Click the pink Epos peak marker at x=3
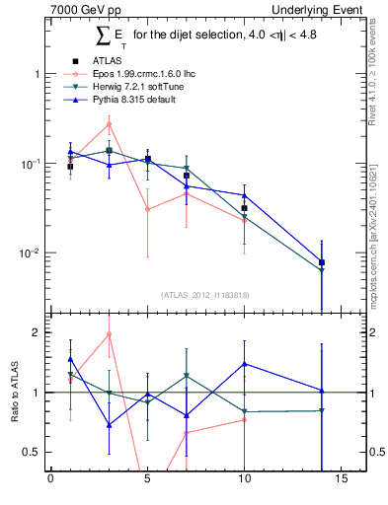109,123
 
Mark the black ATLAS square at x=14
322,262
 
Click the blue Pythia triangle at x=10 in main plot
244,195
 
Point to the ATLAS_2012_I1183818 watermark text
203,294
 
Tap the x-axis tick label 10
244,481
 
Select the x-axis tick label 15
341,481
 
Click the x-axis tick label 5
147,481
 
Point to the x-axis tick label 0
50,481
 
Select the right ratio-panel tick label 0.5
377,452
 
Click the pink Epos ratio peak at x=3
109,334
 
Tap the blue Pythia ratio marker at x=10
244,364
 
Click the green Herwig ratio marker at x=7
186,376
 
